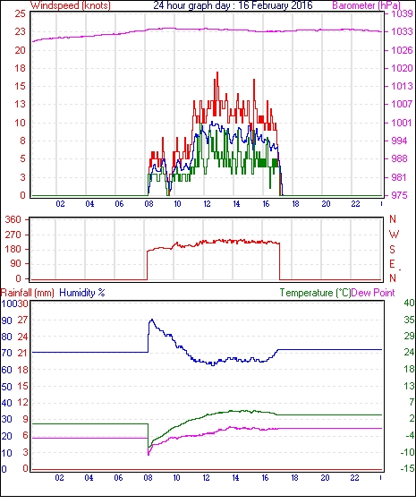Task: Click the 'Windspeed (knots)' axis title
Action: (x=71, y=5)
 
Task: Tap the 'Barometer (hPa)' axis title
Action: (x=366, y=5)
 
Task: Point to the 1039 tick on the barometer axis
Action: (x=402, y=13)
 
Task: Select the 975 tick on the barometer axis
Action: (x=399, y=195)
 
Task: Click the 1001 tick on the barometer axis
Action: (x=401, y=123)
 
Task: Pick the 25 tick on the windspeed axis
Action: (x=20, y=13)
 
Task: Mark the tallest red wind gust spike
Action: (x=217, y=73)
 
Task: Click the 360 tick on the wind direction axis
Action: (x=13, y=220)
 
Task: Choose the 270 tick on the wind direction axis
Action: (x=13, y=235)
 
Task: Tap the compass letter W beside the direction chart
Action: (x=394, y=235)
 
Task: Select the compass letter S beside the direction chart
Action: (x=392, y=250)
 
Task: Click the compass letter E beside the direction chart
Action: (x=392, y=264)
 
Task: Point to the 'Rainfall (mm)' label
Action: (x=28, y=293)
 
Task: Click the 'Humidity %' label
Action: (x=82, y=293)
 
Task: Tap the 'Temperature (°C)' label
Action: (x=315, y=293)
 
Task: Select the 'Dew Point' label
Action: (x=373, y=293)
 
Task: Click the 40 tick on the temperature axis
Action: (x=409, y=303)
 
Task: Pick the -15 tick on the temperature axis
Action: (x=407, y=469)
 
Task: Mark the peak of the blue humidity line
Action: (x=152, y=320)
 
